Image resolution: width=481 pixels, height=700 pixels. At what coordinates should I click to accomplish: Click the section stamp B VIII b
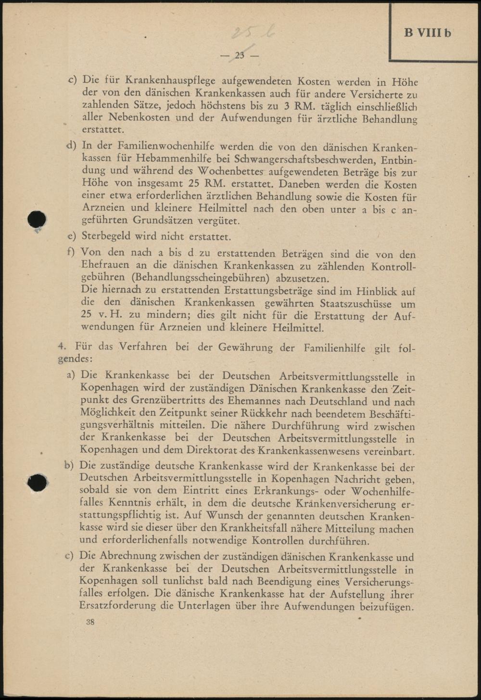point(428,33)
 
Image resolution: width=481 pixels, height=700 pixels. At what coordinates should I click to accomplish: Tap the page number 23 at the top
point(240,55)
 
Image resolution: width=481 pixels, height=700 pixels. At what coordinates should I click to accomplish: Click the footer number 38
point(90,622)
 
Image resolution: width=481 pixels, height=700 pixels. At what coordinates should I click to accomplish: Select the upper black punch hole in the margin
point(37,220)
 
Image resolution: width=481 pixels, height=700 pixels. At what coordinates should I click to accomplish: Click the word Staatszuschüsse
point(358,304)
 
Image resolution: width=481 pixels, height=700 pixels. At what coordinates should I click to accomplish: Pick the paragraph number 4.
point(61,346)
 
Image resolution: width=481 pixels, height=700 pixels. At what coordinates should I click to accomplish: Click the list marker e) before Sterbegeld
point(72,236)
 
